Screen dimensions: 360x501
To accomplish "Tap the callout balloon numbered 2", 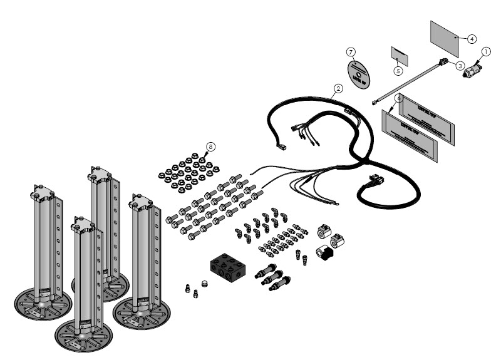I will (x=338, y=88).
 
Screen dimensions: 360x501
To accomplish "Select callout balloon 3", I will (x=460, y=64).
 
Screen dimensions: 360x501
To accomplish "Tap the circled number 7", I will (x=351, y=51).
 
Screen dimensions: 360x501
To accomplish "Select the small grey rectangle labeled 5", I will (x=400, y=55).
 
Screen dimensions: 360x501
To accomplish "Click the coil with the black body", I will (x=326, y=254).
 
